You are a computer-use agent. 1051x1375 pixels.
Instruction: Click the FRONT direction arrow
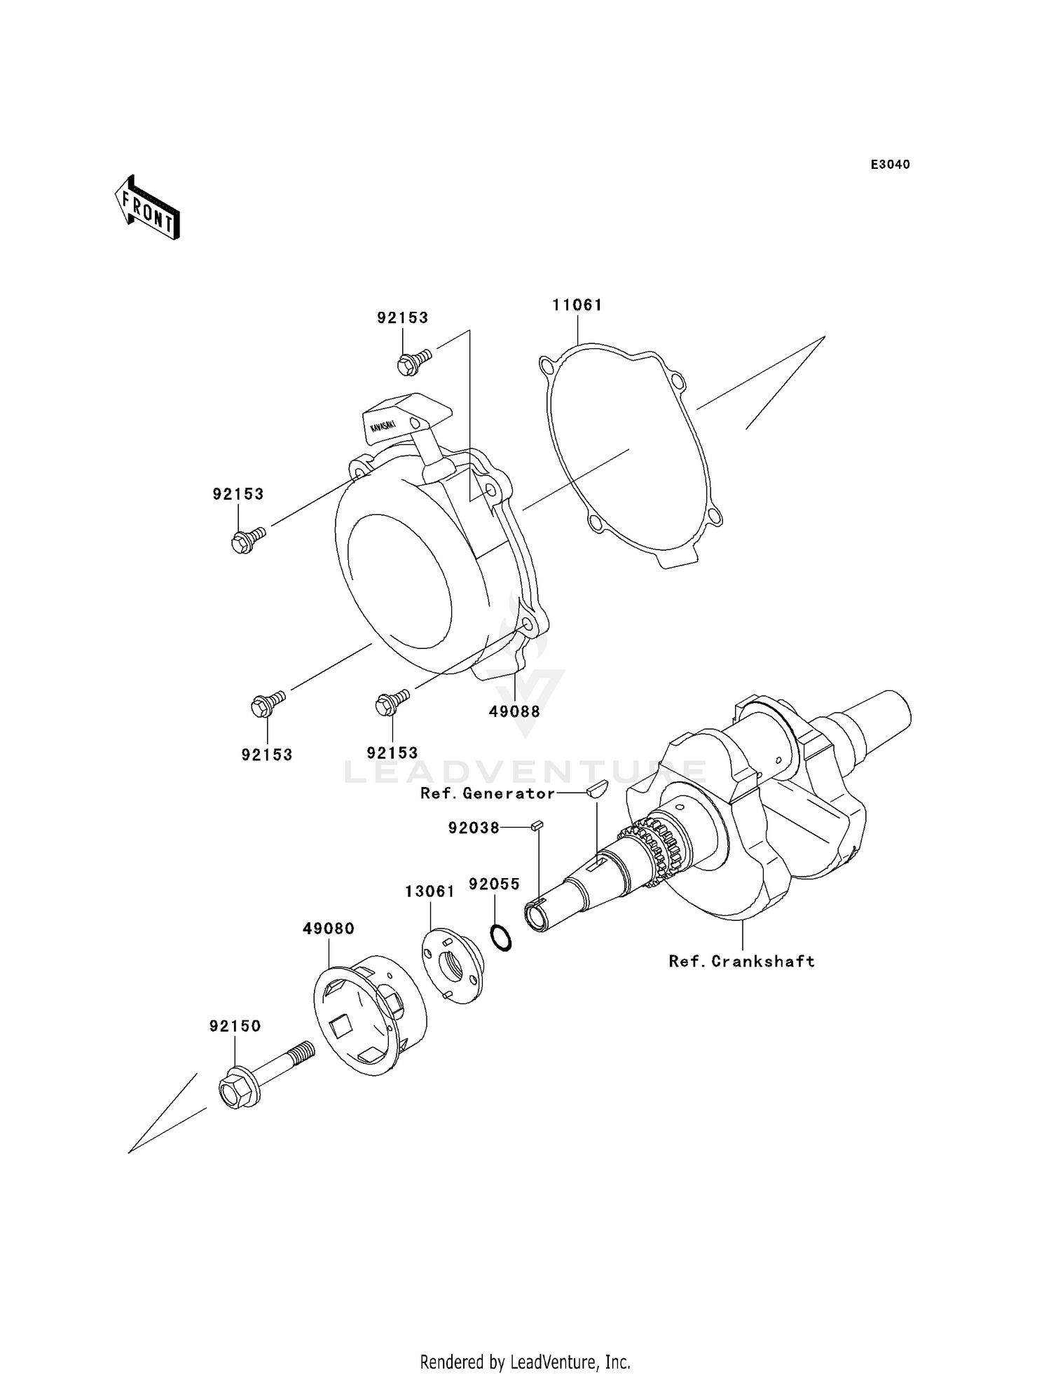(x=148, y=208)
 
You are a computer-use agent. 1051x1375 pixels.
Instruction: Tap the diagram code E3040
(x=890, y=165)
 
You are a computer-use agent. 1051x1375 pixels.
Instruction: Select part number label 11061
(x=577, y=305)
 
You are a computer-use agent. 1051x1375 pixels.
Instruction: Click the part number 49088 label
(x=514, y=711)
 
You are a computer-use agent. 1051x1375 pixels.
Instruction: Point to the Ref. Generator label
(x=487, y=793)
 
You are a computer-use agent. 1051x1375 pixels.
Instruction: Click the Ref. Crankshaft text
(x=741, y=962)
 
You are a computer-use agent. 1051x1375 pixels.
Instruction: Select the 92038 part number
(x=474, y=828)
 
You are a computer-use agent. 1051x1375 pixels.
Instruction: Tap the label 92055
(x=494, y=884)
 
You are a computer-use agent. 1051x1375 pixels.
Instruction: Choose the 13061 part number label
(x=430, y=891)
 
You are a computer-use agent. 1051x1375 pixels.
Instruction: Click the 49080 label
(x=329, y=929)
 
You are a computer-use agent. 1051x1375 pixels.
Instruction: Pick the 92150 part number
(x=235, y=1026)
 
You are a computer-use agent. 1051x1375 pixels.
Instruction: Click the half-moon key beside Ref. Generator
(x=597, y=790)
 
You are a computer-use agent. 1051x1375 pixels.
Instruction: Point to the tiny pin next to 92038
(x=537, y=826)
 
